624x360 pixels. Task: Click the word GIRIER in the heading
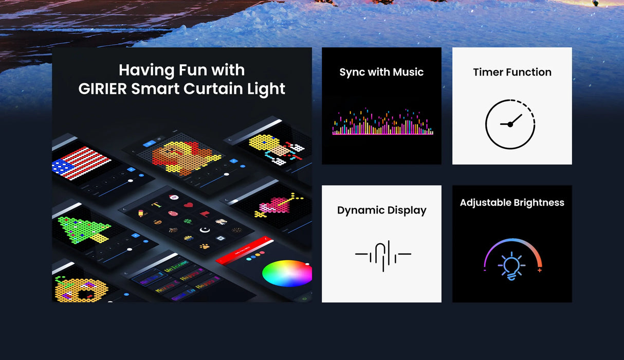102,89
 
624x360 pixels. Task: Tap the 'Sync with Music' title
381,73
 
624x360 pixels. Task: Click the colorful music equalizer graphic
382,122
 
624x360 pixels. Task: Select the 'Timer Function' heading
512,73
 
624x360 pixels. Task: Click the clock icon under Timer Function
510,124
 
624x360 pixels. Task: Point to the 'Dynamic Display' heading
381,210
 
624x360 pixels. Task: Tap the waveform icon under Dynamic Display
383,255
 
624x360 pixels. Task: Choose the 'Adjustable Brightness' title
512,203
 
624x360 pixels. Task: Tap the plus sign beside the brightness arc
539,270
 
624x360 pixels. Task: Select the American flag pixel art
81,163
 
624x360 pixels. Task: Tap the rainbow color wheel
286,273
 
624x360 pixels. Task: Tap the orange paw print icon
205,246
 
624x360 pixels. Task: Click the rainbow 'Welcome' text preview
175,267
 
